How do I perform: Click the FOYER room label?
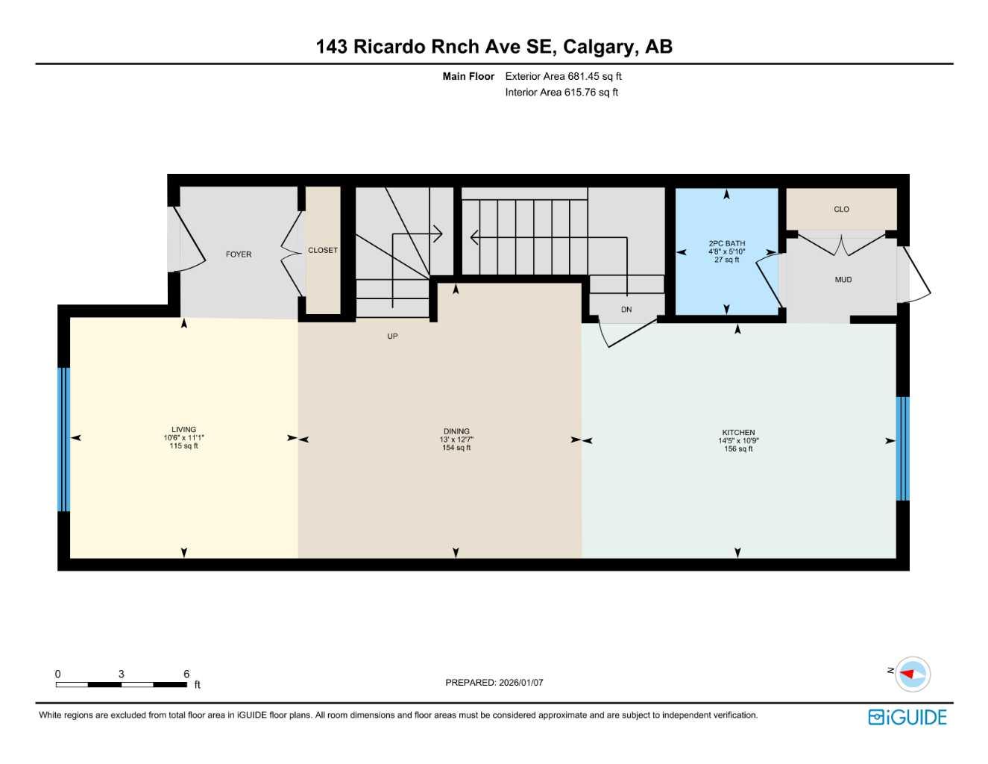pos(239,254)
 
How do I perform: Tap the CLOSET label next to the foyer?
pos(323,251)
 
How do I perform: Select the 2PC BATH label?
pos(726,243)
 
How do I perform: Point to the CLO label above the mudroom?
pos(841,210)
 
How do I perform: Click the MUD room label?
pos(843,280)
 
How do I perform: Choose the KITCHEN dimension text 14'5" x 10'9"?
pos(738,441)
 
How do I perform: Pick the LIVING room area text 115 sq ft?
pos(183,446)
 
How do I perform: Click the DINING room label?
pos(456,431)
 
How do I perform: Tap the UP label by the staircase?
pos(392,336)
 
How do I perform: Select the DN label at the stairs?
pos(626,310)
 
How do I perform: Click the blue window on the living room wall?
pos(64,439)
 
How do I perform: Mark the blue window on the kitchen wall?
pos(902,448)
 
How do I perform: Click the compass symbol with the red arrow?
pos(912,674)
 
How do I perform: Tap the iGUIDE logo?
pos(907,717)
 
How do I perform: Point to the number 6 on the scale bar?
pos(186,674)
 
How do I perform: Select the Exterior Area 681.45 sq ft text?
pos(563,76)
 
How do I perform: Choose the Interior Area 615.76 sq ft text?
pos(561,93)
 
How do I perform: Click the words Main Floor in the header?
pos(468,76)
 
